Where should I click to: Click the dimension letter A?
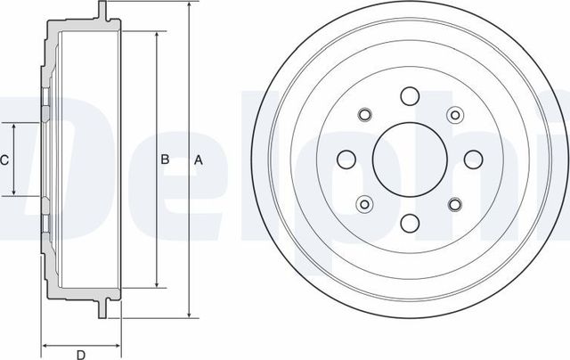[199, 160]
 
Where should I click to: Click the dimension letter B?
[165, 160]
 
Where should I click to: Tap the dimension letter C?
[4, 160]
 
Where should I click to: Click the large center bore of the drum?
[409, 160]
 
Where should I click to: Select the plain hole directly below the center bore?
[409, 224]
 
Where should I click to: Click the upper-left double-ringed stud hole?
[364, 115]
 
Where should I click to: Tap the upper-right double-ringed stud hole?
[454, 115]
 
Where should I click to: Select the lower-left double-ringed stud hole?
[364, 206]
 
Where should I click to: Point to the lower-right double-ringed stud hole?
[454, 206]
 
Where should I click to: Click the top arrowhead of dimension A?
[189, 6]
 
